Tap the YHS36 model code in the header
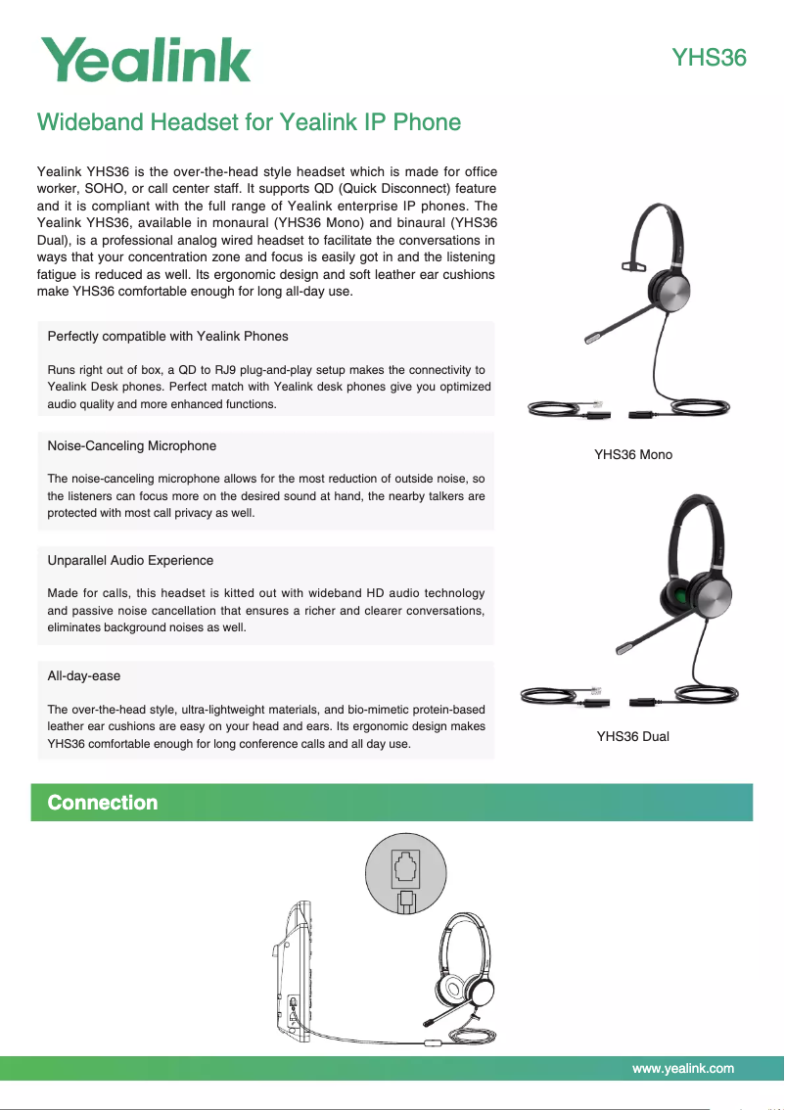pyautogui.click(x=709, y=59)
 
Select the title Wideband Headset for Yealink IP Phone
pyautogui.click(x=249, y=122)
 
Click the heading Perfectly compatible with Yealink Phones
pyautogui.click(x=167, y=336)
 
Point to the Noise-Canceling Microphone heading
pyautogui.click(x=131, y=445)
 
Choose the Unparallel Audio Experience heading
pyautogui.click(x=130, y=560)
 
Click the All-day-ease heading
pyautogui.click(x=83, y=675)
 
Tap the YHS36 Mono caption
pyautogui.click(x=633, y=454)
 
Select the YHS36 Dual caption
pyautogui.click(x=633, y=736)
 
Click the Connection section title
pyautogui.click(x=103, y=803)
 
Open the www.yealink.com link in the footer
pyautogui.click(x=683, y=1068)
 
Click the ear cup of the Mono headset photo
pyautogui.click(x=670, y=291)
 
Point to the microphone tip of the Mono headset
pyautogui.click(x=593, y=338)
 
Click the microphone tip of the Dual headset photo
pyautogui.click(x=623, y=647)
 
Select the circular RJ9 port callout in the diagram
pyautogui.click(x=405, y=873)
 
